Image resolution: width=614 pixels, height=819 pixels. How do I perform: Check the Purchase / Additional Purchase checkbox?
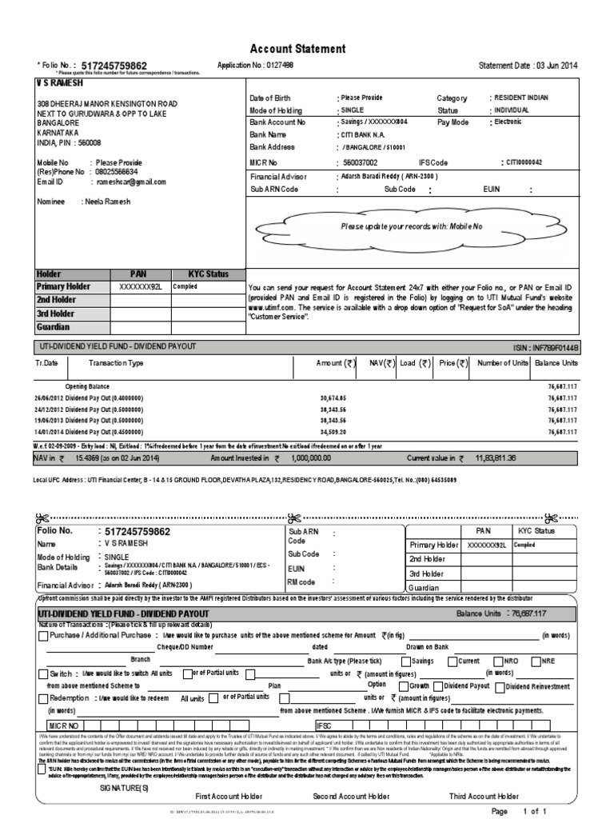click(43, 636)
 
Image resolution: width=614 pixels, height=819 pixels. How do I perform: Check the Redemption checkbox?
click(43, 697)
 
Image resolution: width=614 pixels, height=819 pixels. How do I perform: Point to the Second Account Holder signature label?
click(351, 796)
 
